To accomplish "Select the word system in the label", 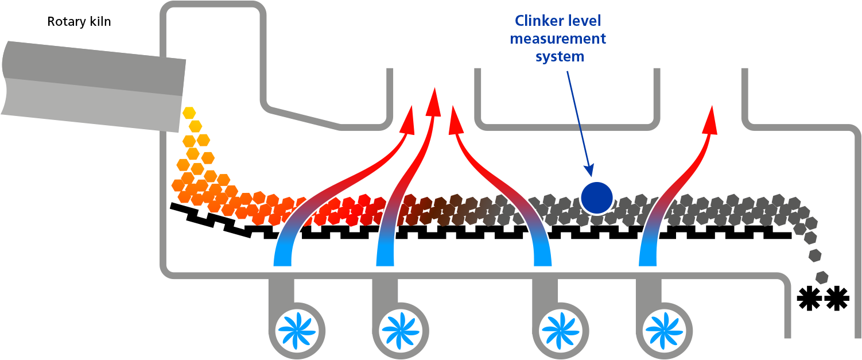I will (560, 57).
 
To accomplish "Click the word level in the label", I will (586, 21).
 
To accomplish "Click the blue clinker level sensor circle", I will (597, 198).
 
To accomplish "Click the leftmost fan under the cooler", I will (297, 331).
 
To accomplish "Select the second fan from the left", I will (400, 331).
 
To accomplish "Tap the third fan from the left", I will (560, 331).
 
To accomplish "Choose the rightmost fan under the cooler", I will (663, 331).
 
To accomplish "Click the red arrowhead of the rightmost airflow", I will (712, 119).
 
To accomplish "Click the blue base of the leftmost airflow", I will (283, 256).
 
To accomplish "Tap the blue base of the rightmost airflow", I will (648, 256).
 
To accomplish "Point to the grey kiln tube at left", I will (92, 86).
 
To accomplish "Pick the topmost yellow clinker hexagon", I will (189, 113).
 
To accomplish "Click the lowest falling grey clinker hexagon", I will (822, 277).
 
